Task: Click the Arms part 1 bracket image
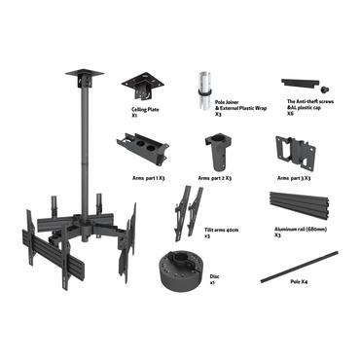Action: pos(142,148)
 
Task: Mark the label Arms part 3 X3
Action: pos(296,178)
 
